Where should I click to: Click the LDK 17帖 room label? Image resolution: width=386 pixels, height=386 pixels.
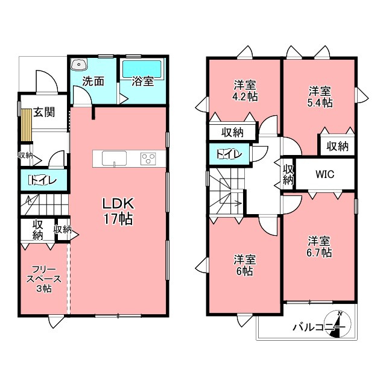coord(118,211)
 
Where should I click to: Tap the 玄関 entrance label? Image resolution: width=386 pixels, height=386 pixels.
coord(44,112)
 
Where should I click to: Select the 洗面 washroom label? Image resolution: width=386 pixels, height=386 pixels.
coord(93,81)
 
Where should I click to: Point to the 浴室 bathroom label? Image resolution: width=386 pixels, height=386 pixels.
coord(142,81)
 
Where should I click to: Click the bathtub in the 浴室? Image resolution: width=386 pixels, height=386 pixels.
coord(142,69)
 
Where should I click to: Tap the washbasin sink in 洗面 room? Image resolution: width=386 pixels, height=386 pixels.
coord(78,65)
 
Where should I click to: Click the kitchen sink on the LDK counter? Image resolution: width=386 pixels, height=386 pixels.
coord(114,159)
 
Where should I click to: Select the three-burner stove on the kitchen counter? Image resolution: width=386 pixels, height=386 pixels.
coord(148,159)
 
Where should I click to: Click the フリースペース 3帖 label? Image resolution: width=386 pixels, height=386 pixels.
coord(44,279)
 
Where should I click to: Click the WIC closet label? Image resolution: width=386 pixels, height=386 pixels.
coord(325,174)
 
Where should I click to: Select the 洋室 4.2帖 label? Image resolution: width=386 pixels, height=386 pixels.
coord(245,90)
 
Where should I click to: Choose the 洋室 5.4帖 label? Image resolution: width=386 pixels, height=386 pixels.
coord(320,96)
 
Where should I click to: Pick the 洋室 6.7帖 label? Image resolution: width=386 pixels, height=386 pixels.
coord(319,247)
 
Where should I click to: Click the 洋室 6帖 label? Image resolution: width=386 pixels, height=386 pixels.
coord(244,265)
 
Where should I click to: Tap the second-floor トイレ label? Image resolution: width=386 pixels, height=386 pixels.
coord(229,154)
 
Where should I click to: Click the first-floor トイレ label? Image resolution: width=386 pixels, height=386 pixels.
coord(43,180)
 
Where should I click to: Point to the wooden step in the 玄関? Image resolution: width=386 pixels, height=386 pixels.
coord(27,125)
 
